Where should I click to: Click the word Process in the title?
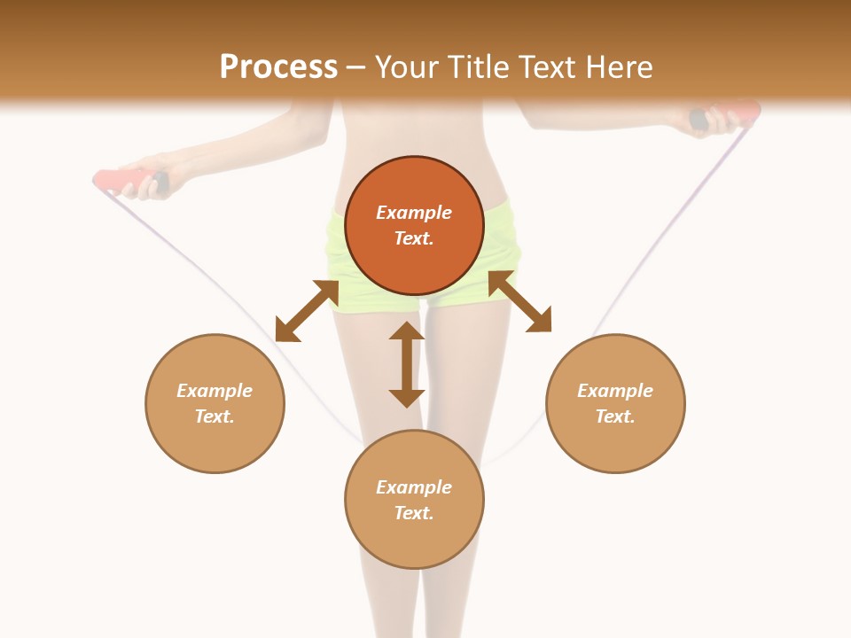coord(278,67)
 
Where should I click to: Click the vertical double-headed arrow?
coord(407,364)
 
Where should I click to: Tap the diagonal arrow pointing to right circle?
coord(519,301)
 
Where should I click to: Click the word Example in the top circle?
coord(414,213)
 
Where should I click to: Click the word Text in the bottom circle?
coord(414,513)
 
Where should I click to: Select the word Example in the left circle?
coord(215,391)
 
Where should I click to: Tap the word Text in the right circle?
coord(615,416)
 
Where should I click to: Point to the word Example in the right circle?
coord(615,391)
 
